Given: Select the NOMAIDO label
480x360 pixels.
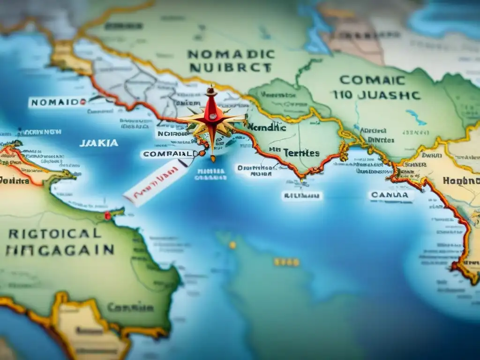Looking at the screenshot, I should tap(54, 102).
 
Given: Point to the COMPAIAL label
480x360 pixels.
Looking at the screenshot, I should tap(167, 154).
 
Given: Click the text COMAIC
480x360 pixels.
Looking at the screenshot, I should tap(365, 80).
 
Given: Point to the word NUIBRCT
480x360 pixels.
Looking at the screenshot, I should tap(229, 68).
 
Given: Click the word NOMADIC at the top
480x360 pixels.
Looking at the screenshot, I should tap(230, 54).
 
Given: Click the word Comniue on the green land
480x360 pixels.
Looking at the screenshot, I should tap(130, 308).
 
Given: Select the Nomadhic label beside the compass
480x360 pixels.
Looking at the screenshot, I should tap(266, 127).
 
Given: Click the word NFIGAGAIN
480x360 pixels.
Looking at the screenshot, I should tap(60, 250).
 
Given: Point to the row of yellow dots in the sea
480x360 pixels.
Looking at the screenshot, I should tap(286, 262).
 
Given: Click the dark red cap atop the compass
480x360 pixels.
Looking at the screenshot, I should tap(211, 90).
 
